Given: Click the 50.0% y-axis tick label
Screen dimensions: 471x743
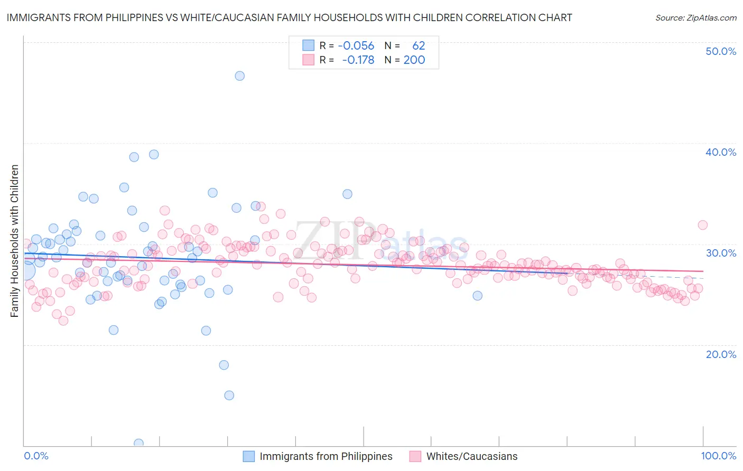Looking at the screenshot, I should point(721,51).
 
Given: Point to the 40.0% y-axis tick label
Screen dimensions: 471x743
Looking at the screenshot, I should point(721,152).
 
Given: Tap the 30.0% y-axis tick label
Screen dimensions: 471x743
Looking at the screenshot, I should point(721,253).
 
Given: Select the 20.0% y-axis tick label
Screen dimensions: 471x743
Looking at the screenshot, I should point(721,354).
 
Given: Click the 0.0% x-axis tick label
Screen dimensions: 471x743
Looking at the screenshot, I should point(36,456).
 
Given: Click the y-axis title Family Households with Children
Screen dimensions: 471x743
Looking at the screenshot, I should point(14,241).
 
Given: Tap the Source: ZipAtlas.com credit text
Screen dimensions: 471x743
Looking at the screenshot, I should point(695,17).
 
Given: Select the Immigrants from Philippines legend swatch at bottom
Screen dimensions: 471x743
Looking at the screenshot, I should point(249,456).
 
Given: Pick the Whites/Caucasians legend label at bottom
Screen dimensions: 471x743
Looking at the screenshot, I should point(472,456).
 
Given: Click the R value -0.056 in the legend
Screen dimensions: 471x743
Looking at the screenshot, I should point(356,45).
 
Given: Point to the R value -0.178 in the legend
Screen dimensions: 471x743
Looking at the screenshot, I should point(358,60).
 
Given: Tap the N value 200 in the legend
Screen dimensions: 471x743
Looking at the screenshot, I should point(414,60).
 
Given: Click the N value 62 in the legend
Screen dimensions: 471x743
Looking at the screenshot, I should point(419,45).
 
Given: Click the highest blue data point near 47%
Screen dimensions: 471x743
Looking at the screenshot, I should point(239,76).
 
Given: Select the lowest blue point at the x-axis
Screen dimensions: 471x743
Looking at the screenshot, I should point(138,443).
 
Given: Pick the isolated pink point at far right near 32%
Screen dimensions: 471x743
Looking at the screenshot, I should point(702,225).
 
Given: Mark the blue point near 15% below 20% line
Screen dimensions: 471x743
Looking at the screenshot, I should point(229,395).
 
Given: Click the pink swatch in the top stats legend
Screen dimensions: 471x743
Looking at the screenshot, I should point(308,60).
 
